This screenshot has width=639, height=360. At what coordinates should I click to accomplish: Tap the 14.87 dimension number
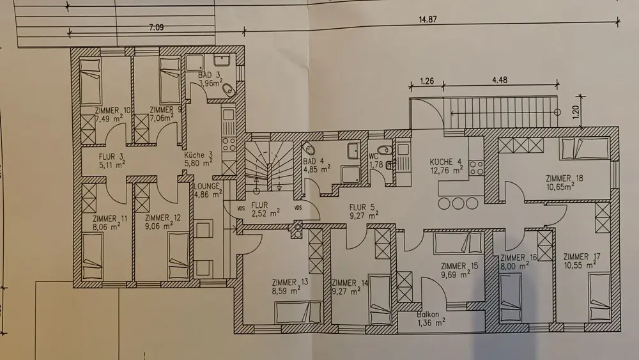coord(427,19)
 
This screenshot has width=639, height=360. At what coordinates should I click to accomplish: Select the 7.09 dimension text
coord(156,27)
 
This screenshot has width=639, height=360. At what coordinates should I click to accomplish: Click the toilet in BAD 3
coord(229,90)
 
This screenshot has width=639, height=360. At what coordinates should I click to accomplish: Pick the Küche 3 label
coord(199,155)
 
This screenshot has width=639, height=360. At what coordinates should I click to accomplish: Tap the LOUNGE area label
coord(206,186)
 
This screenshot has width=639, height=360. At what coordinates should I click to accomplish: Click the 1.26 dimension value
coord(427,81)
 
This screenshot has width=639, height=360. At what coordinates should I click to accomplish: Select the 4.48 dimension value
coord(500,80)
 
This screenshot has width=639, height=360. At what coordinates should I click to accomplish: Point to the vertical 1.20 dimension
coord(576,112)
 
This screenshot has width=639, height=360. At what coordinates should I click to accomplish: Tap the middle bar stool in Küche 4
coord(458,203)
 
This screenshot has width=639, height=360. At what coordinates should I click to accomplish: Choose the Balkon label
coord(428,315)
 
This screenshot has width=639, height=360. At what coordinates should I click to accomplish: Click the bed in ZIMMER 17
coord(600,296)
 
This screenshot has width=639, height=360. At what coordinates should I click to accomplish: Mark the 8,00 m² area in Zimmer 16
coord(514,265)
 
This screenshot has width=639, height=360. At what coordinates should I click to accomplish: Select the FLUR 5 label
coord(358,207)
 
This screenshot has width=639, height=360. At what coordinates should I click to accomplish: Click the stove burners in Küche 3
coord(229,145)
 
